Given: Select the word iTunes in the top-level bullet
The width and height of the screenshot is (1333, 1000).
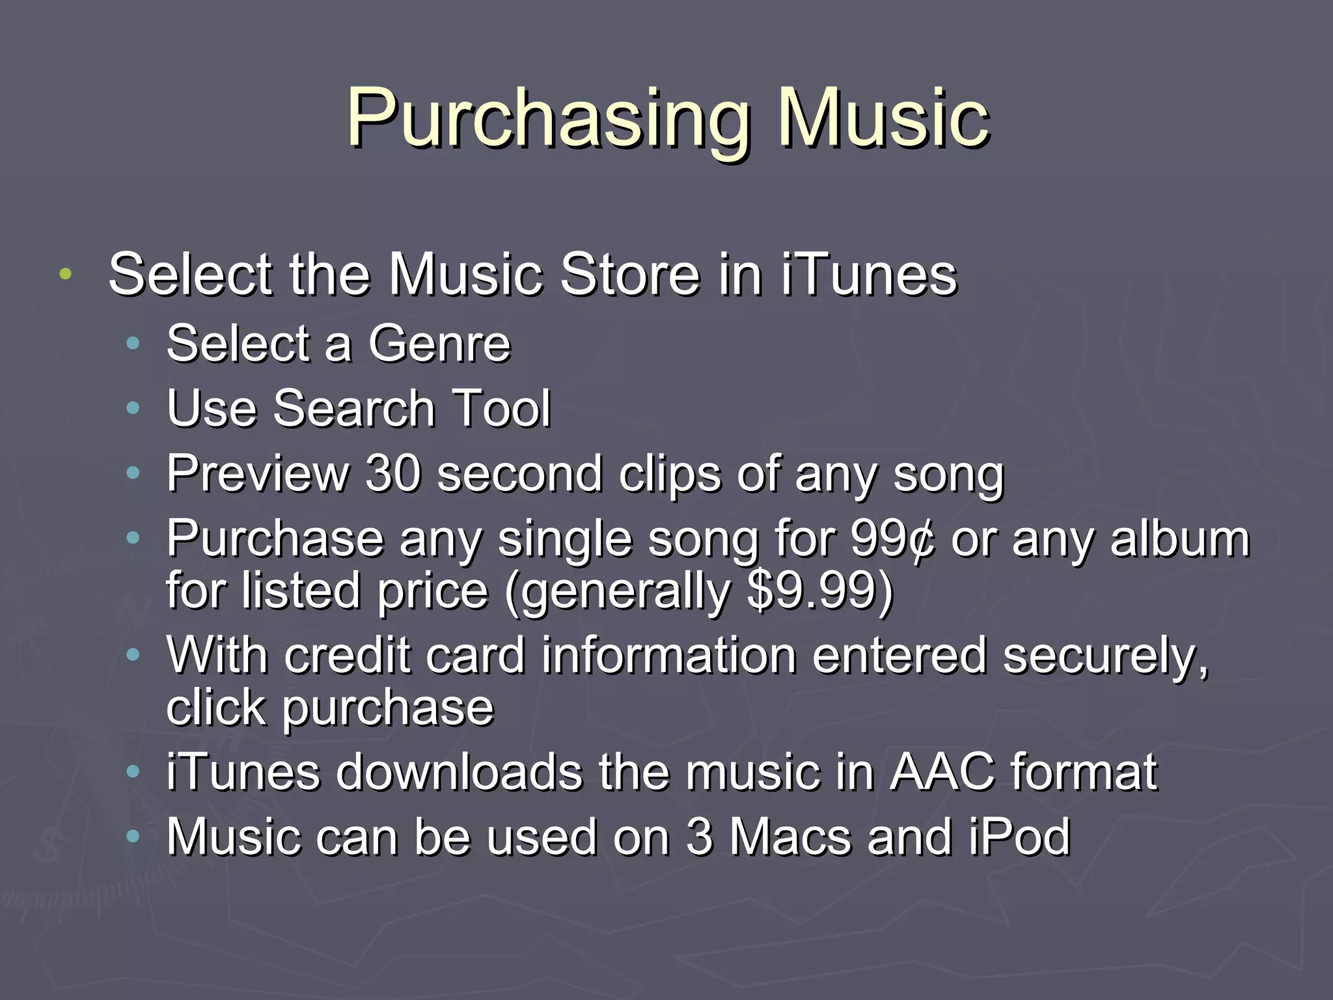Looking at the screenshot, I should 869,274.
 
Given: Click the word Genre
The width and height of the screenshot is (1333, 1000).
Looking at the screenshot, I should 439,343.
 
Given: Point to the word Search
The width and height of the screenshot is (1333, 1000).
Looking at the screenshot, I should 354,408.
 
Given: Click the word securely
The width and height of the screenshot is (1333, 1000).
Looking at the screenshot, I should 1106,656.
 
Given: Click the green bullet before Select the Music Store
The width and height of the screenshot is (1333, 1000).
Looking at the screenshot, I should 64,274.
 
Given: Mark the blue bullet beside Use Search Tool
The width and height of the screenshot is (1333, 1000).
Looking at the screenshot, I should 133,409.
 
